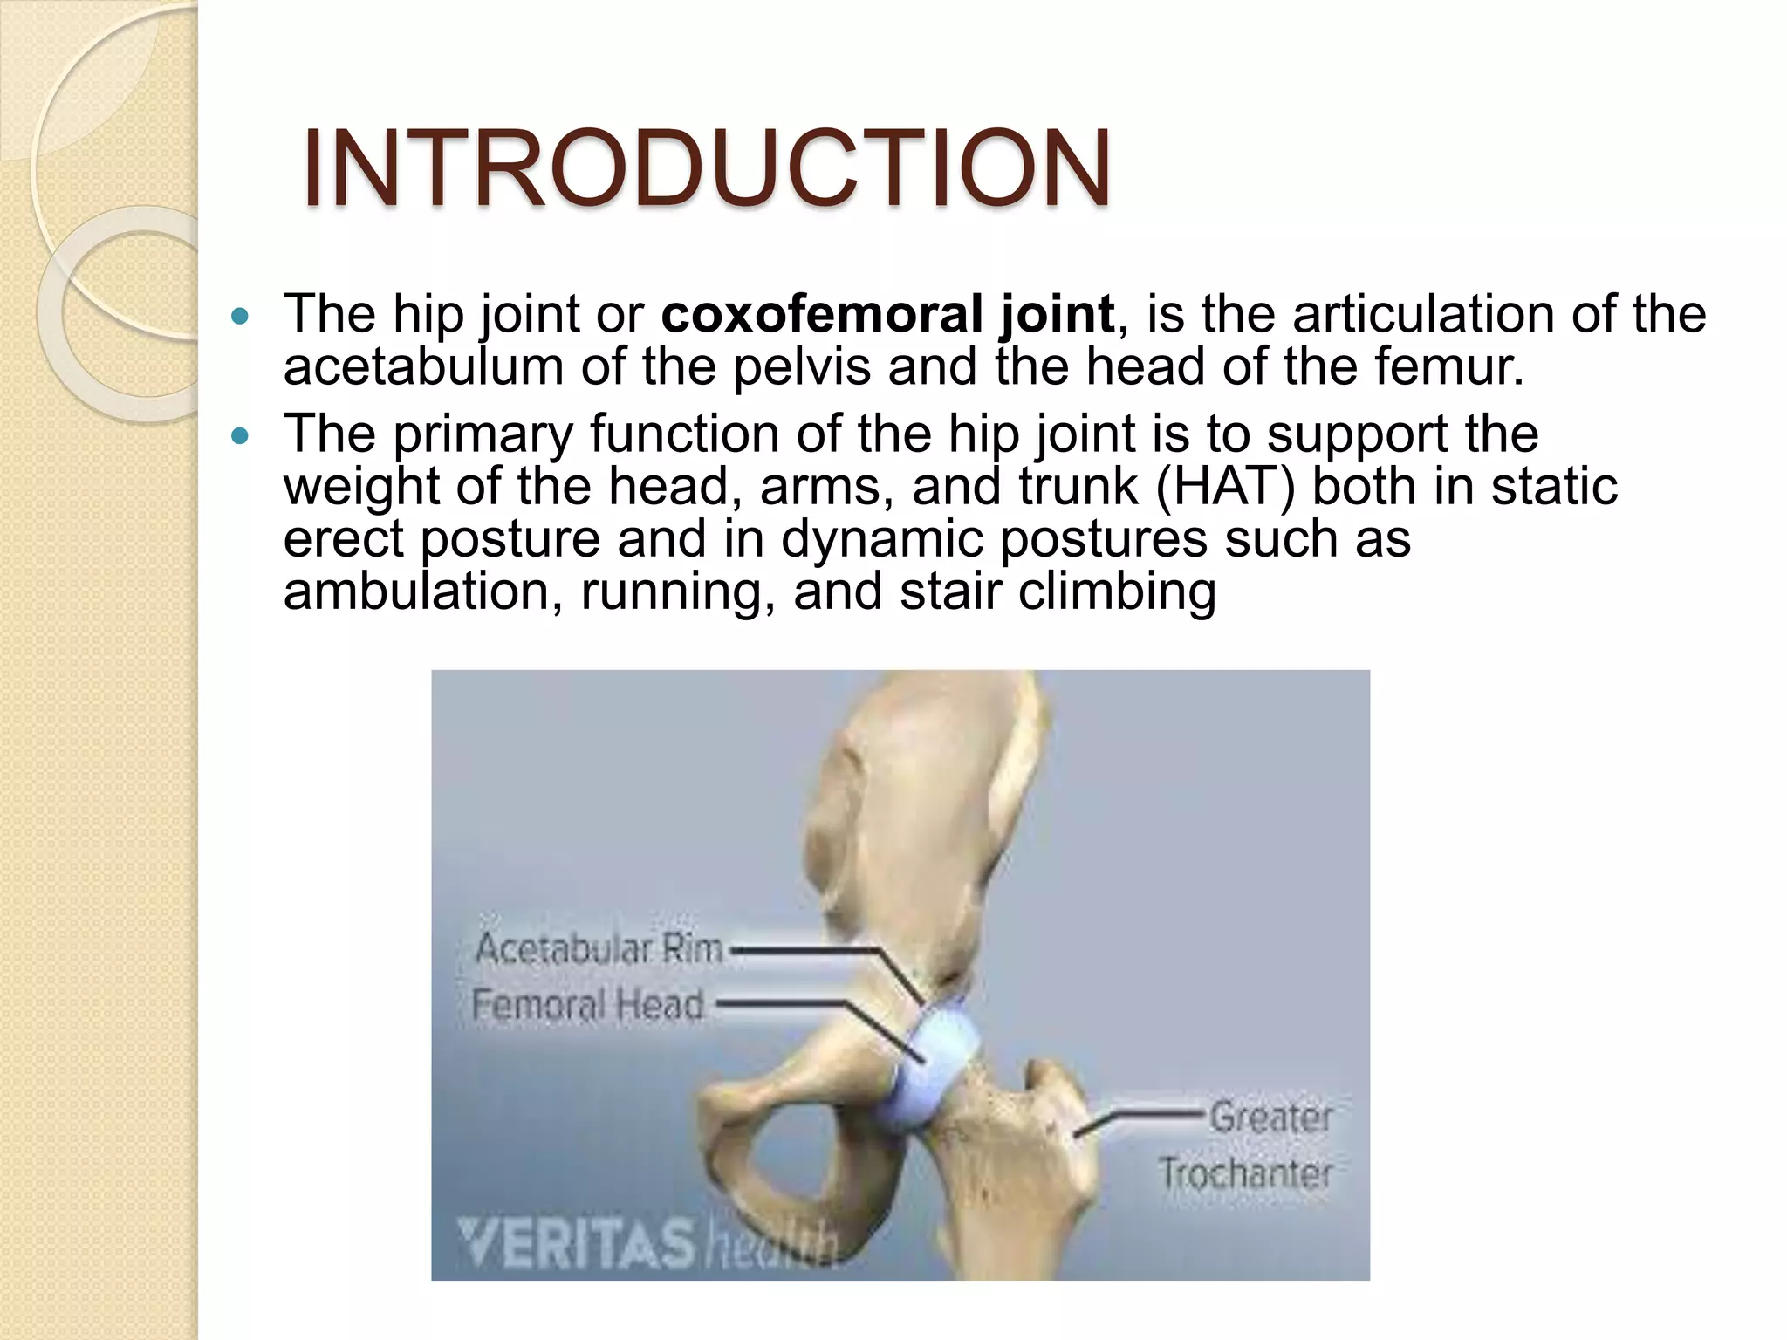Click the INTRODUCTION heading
pyautogui.click(x=706, y=168)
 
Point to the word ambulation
pyautogui.click(x=417, y=591)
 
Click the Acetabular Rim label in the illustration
pyautogui.click(x=599, y=948)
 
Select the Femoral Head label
pyautogui.click(x=587, y=1005)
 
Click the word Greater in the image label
pyautogui.click(x=1270, y=1117)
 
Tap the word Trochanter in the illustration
pyautogui.click(x=1246, y=1173)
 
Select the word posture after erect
pyautogui.click(x=510, y=539)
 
